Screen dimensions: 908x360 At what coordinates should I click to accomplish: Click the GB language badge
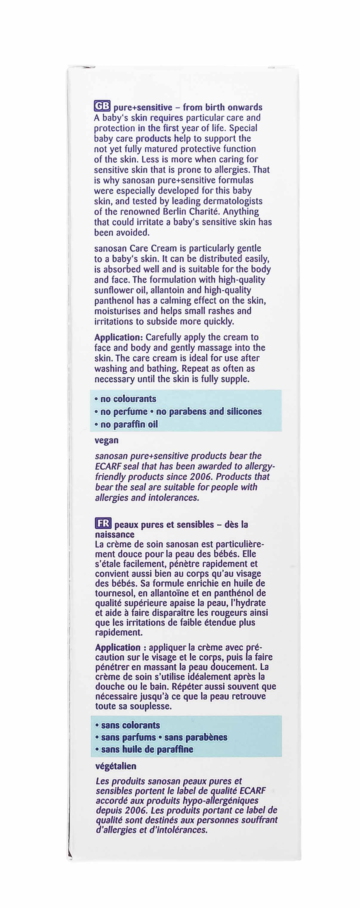(x=102, y=106)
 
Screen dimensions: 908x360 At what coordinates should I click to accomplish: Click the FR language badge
(x=103, y=524)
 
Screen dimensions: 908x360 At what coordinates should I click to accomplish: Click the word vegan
(x=107, y=440)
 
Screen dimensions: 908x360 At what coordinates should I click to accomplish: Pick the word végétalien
(x=116, y=766)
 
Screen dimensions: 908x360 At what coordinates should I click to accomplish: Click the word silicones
(x=244, y=411)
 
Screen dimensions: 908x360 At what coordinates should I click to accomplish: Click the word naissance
(x=115, y=534)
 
